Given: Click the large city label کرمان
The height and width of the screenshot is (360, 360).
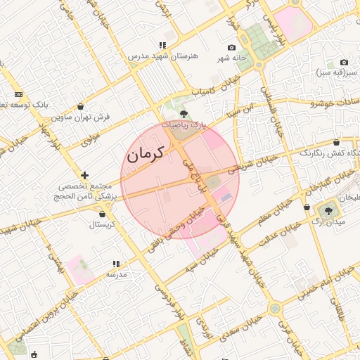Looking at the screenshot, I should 146,153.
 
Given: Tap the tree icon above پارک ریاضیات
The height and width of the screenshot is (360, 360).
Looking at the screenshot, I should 184,112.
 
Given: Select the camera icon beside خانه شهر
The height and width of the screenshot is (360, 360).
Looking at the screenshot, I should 232,47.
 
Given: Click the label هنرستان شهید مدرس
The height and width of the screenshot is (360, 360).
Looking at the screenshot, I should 162,56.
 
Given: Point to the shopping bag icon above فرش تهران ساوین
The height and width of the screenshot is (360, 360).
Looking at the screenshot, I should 81,106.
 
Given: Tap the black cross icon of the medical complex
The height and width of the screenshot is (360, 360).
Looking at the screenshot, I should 85,175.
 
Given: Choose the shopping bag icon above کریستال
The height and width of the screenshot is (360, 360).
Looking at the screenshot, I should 103,213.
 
